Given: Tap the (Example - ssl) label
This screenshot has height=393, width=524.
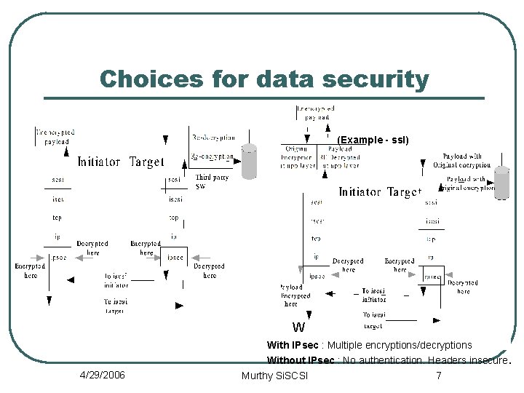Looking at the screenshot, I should [373, 140].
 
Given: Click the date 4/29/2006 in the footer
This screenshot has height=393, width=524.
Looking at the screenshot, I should [102, 376].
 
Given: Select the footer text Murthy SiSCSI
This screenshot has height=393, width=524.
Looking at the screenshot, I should [274, 376].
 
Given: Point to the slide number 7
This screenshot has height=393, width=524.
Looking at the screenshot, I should [438, 376].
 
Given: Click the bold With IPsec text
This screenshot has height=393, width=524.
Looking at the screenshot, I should [293, 345].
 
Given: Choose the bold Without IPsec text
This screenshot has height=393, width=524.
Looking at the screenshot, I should [301, 360].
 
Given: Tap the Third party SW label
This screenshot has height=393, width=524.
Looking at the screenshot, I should [212, 181].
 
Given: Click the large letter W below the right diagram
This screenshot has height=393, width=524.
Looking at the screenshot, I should [298, 327].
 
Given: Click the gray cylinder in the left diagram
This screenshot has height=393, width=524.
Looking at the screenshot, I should [249, 162].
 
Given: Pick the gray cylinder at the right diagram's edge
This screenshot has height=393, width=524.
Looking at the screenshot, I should [501, 182].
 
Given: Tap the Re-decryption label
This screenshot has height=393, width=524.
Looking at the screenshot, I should [213, 137].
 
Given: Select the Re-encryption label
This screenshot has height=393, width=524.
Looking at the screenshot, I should [212, 156].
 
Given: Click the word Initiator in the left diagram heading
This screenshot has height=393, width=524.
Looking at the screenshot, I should [99, 162].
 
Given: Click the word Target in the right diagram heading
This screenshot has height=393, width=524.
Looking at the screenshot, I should [404, 192].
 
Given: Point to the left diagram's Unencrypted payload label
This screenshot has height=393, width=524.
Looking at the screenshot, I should [55, 137].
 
